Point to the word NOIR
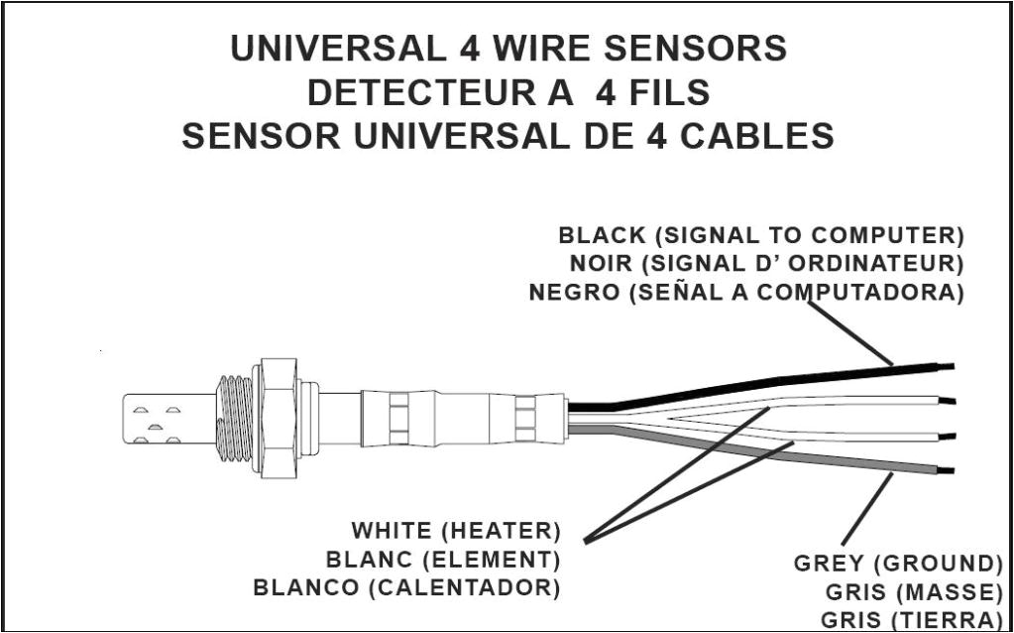coord(601,265)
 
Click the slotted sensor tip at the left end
coord(159,418)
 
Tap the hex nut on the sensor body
coord(277,418)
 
